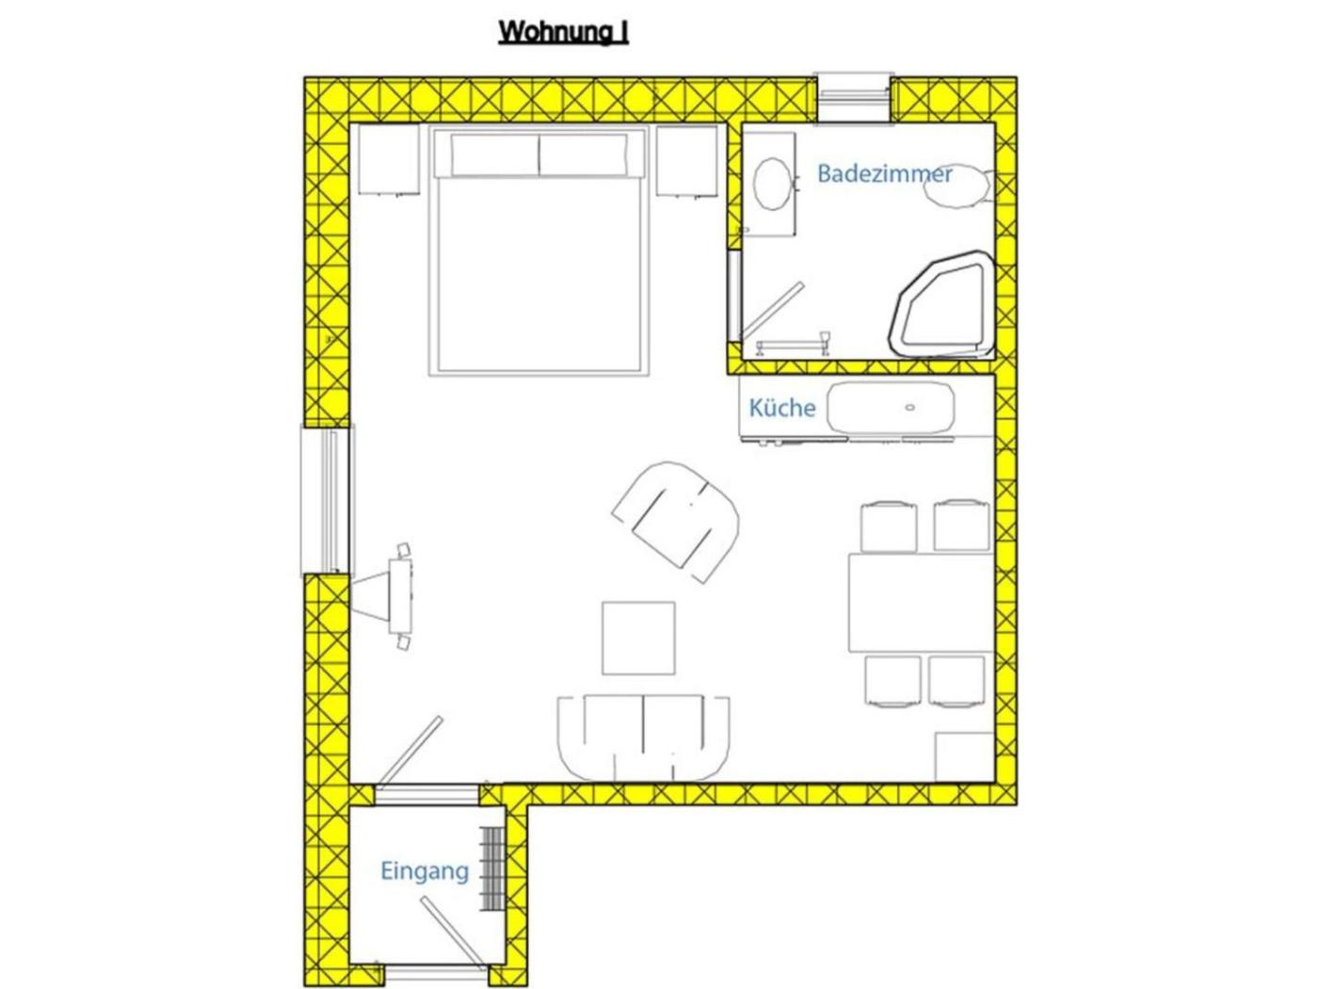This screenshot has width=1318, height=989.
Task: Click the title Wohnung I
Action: [x=563, y=32]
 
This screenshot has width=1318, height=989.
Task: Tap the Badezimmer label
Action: [x=884, y=174]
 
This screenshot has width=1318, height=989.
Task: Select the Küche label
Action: [x=781, y=409]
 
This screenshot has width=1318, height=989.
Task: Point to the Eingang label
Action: [x=425, y=871]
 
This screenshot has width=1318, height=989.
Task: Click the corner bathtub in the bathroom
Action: [x=901, y=318]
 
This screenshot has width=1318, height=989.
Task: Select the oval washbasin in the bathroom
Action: [x=773, y=184]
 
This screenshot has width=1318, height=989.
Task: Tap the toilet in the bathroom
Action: [x=957, y=186]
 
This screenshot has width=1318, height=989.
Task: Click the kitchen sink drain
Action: [x=910, y=408]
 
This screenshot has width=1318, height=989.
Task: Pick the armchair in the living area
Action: [x=676, y=521]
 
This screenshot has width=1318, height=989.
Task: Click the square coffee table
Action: [x=638, y=639]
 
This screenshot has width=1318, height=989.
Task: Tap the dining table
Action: [x=920, y=603]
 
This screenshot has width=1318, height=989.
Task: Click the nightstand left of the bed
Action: [x=389, y=160]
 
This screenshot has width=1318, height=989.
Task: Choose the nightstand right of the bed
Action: [x=687, y=161]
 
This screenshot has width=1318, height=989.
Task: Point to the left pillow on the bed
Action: [x=495, y=154]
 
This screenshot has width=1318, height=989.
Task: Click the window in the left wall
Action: [x=328, y=500]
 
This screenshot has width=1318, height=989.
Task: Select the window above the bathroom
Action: [x=853, y=99]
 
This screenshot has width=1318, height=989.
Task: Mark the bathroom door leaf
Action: [x=772, y=311]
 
